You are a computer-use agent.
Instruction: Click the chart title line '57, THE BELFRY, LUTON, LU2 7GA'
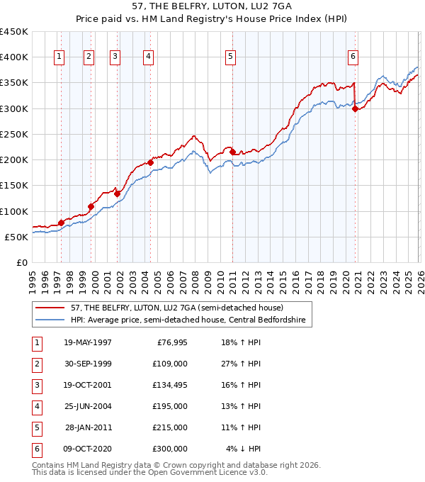212,6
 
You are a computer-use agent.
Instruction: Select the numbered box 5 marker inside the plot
231,57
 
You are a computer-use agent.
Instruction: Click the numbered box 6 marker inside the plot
353,57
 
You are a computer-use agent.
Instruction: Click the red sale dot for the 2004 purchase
150,162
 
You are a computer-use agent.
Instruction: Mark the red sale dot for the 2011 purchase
233,152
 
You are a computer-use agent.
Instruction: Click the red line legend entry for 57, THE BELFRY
176,308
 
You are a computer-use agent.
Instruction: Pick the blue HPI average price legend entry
188,320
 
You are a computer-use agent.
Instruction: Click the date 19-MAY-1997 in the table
87,342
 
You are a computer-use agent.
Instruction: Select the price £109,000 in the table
171,364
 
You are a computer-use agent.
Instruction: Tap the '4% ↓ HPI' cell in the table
244,449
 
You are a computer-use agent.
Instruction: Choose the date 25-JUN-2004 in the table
87,406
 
